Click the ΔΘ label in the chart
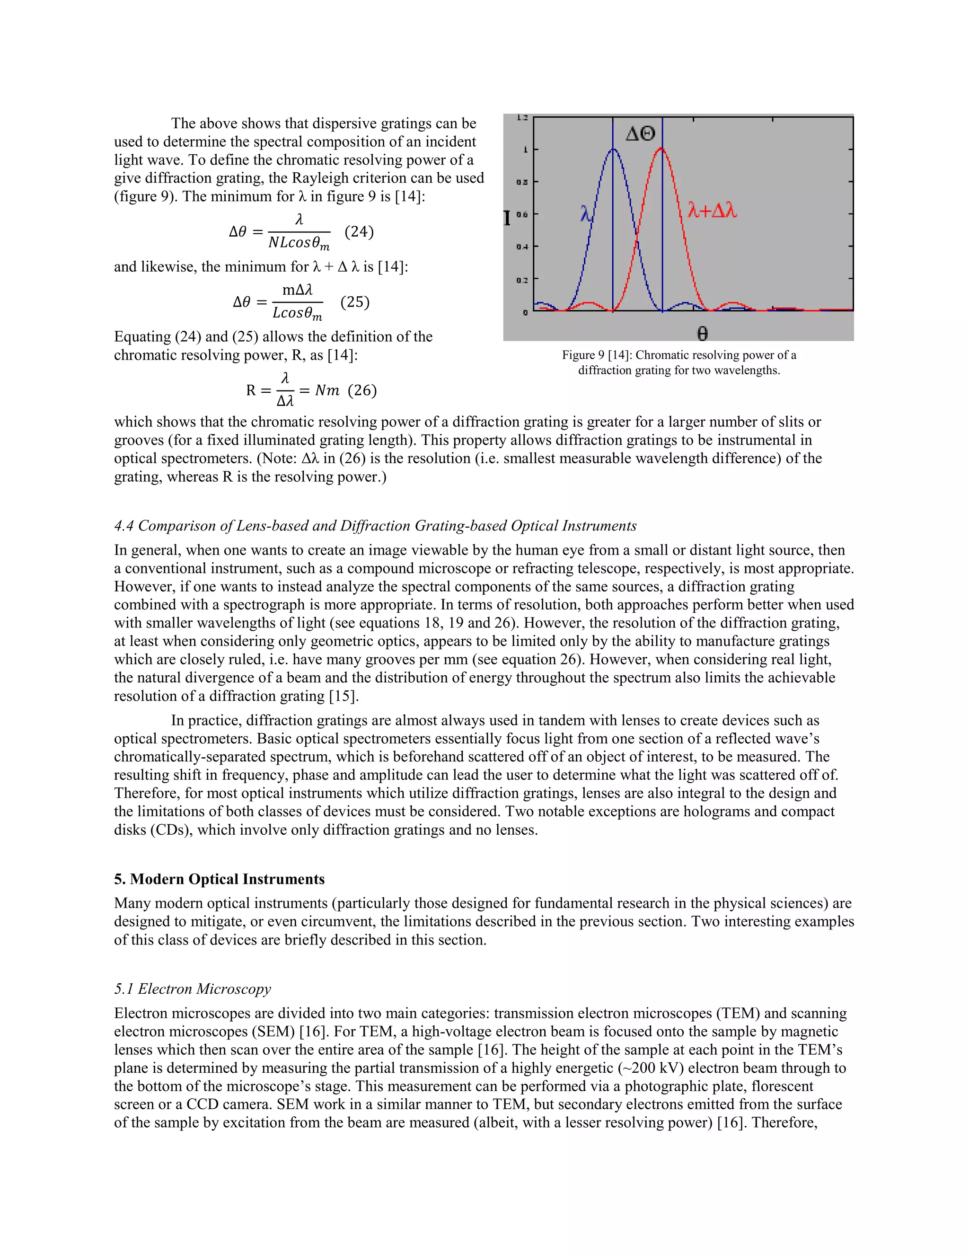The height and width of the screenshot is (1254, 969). [640, 134]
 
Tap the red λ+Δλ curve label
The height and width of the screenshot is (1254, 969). [712, 211]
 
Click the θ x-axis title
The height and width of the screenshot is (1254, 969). [702, 334]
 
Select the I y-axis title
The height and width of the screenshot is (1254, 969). [507, 218]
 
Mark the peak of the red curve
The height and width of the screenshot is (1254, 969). [661, 149]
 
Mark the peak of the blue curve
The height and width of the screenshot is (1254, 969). [613, 149]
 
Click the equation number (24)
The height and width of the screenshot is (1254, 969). [359, 231]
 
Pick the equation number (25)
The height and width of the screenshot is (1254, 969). [355, 302]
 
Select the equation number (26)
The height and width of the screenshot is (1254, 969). [362, 390]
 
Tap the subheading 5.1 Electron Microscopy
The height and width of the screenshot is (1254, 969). [192, 989]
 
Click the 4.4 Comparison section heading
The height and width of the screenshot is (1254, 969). [375, 526]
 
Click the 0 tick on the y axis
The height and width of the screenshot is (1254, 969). [525, 313]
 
